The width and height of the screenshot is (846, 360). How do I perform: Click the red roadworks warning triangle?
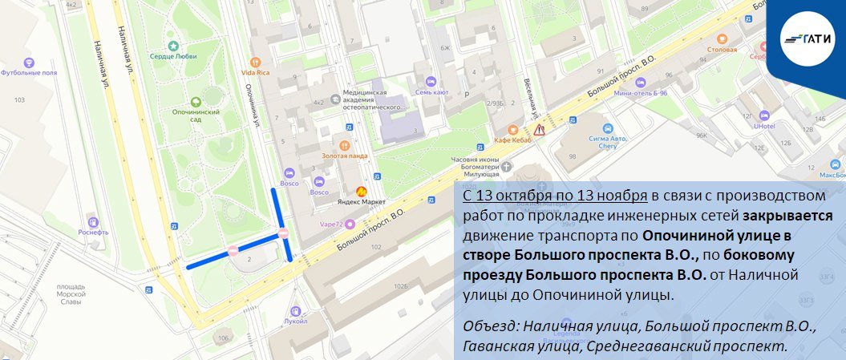[540, 128]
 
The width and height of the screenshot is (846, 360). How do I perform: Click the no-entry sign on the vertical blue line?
[283, 233]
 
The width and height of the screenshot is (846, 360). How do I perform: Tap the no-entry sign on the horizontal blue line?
[233, 250]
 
